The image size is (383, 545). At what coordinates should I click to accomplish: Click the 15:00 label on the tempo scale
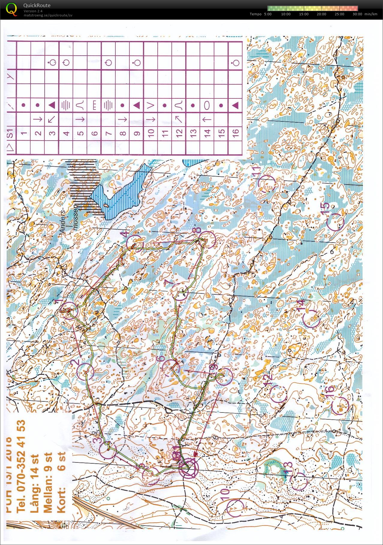pyautogui.click(x=304, y=14)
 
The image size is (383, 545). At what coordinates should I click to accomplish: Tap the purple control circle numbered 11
pyautogui.click(x=266, y=183)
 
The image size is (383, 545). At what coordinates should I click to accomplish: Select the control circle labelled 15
pyautogui.click(x=335, y=222)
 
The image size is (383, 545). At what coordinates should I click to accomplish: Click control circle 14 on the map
pyautogui.click(x=312, y=318)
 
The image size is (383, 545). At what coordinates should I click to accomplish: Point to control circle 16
pyautogui.click(x=340, y=406)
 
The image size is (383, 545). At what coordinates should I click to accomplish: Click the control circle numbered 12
pyautogui.click(x=278, y=393)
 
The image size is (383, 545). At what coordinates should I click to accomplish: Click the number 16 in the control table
pyautogui.click(x=236, y=132)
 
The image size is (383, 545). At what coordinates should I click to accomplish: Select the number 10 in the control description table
pyautogui.click(x=151, y=132)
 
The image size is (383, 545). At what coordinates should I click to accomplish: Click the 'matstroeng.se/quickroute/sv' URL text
pyautogui.click(x=48, y=15)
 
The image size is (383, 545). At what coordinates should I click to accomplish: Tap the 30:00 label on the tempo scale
pyautogui.click(x=357, y=14)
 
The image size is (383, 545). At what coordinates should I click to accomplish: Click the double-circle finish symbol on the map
pyautogui.click(x=189, y=468)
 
